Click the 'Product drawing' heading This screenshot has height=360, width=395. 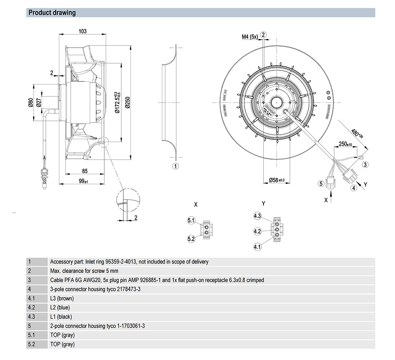point(52,13)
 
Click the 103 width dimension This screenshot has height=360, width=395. point(82,32)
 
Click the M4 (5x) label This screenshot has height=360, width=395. point(250,37)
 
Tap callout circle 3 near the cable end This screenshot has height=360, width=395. point(366,164)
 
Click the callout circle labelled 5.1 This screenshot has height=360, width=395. point(191,221)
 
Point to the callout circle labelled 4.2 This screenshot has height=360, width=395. point(258,231)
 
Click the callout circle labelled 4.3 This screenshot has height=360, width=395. point(258,216)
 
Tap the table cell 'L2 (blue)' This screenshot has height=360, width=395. point(62,307)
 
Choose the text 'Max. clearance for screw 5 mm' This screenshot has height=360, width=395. point(84,271)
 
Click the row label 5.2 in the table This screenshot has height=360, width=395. point(31,344)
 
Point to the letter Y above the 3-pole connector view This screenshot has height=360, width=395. point(263,204)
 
